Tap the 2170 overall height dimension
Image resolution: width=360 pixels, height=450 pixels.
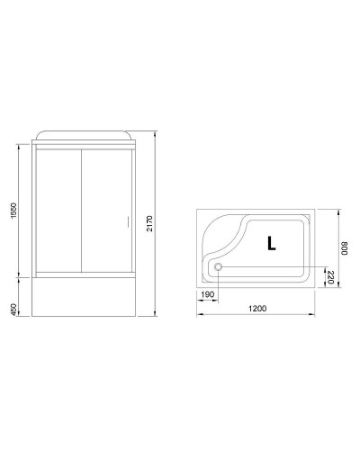[x=150, y=224]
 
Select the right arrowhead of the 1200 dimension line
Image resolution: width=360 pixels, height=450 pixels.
[x=319, y=315]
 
